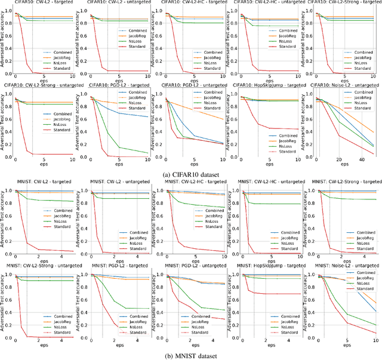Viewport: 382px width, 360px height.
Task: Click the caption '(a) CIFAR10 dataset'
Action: click(190, 174)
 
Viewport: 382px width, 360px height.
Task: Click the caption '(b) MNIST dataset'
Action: click(190, 356)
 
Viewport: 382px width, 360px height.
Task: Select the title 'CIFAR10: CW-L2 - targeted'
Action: click(39, 3)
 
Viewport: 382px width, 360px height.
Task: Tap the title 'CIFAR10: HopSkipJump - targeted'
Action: click(268, 85)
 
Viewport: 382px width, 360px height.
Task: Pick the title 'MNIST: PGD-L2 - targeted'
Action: click(115, 264)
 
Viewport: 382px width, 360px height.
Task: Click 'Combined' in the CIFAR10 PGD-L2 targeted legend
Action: click(137, 93)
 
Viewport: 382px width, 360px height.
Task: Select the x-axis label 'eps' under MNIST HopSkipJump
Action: click(271, 346)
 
